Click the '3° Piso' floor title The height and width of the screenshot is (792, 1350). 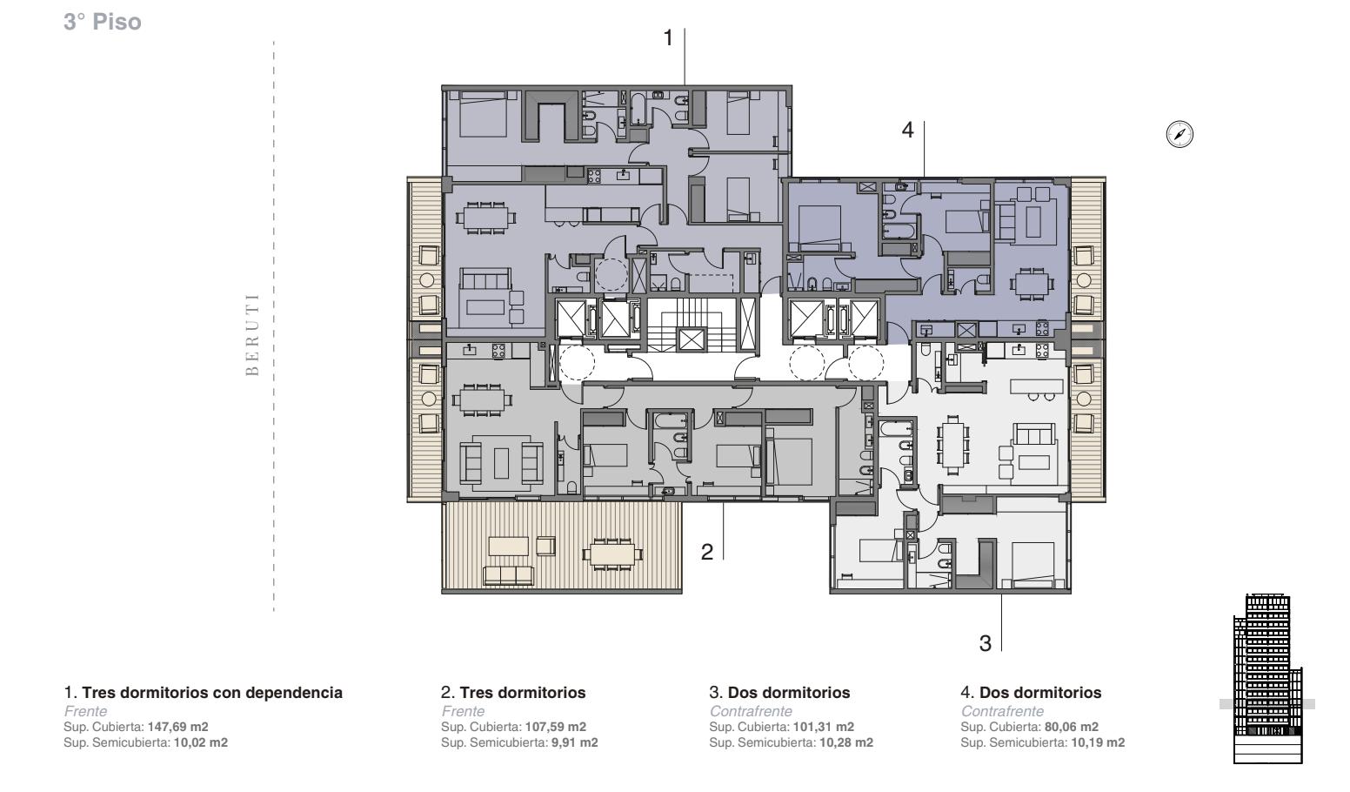tap(103, 22)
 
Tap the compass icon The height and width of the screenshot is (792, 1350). tap(1180, 134)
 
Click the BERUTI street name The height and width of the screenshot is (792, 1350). tap(252, 334)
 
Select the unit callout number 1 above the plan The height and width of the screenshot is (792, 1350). tap(668, 38)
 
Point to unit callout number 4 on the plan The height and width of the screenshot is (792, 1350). tap(907, 130)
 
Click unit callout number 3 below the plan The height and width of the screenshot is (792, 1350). tap(986, 644)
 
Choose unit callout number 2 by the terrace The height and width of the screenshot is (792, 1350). tap(707, 552)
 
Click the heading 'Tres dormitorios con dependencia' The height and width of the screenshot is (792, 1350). tap(212, 693)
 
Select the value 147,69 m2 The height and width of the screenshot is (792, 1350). tap(177, 727)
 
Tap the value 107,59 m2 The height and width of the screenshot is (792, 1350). tap(556, 727)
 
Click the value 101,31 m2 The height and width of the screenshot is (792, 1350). tap(823, 727)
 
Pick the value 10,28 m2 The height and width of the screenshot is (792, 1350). tap(846, 742)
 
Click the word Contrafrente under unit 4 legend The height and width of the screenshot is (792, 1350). tap(1003, 711)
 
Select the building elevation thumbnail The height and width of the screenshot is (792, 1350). tap(1266, 679)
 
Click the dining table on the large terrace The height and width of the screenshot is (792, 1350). tap(612, 554)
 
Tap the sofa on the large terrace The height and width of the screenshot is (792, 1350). tap(508, 575)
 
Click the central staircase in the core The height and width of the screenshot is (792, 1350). tap(691, 325)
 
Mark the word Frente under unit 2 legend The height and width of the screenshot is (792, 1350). tap(463, 711)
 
